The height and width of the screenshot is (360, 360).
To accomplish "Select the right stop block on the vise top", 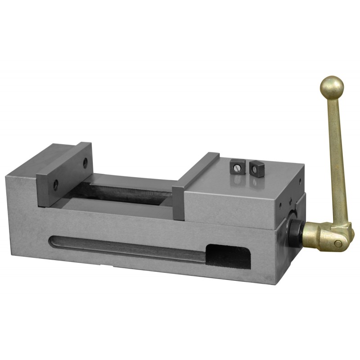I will [255, 169].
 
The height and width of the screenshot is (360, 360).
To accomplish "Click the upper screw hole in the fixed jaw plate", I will [85, 163].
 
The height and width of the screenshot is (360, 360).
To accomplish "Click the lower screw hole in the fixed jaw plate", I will [55, 184].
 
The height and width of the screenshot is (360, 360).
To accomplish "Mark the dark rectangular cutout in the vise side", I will [227, 256].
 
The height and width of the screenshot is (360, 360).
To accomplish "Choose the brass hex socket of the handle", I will [317, 236].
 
